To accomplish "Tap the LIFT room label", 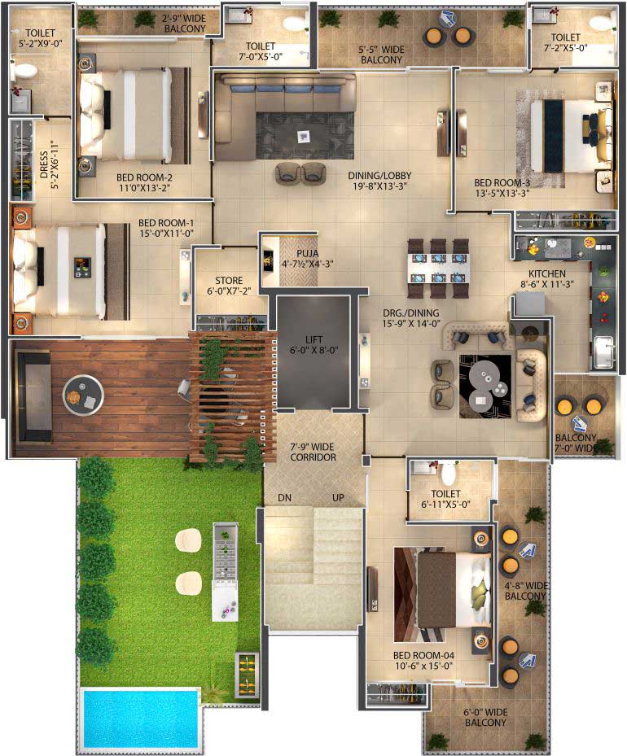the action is click(x=313, y=345).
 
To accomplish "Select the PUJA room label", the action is click(x=307, y=259).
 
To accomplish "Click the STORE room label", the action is click(x=229, y=286).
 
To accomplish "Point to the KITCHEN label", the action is click(x=547, y=278).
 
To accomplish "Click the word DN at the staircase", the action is click(x=284, y=497).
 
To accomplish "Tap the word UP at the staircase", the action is click(x=338, y=497).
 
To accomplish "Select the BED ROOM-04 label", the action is click(x=423, y=661).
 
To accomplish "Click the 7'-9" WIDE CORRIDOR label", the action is click(x=313, y=452).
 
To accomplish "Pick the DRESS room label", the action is click(x=49, y=164).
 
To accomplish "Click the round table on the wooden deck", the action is click(x=83, y=395).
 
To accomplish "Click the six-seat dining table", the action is click(x=438, y=269).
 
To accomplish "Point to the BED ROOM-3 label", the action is click(x=502, y=188).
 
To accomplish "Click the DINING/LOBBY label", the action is click(x=379, y=181).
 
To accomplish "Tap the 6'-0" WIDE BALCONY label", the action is click(x=485, y=718).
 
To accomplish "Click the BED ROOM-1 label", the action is click(x=166, y=228).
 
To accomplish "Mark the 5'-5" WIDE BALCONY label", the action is click(x=381, y=55).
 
